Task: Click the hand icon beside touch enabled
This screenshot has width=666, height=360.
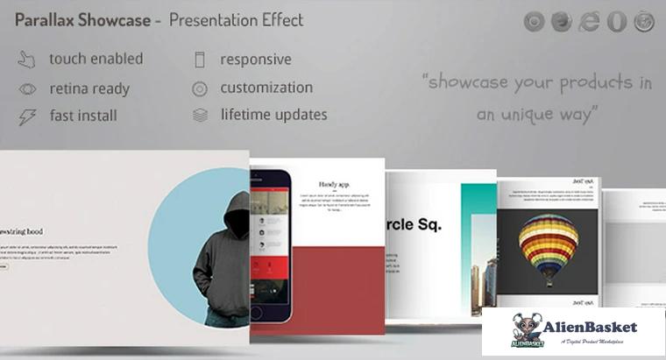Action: (x=27, y=60)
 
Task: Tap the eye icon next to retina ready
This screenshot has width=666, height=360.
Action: (x=27, y=88)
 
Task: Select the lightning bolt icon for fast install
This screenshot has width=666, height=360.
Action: (x=27, y=116)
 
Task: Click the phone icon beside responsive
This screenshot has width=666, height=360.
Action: (x=200, y=60)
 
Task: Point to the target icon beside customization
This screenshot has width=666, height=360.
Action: (x=200, y=88)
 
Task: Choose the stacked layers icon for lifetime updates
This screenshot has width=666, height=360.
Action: (x=200, y=116)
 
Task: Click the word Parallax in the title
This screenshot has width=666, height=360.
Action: (x=44, y=18)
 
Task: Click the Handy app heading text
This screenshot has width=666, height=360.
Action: (x=334, y=185)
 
